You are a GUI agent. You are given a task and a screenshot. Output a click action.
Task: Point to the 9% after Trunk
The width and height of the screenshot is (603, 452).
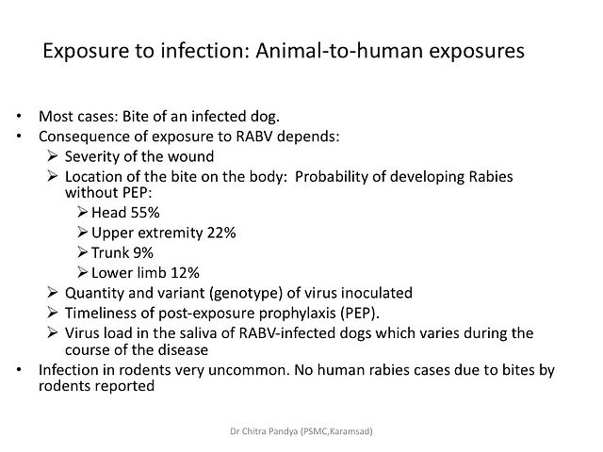(x=143, y=252)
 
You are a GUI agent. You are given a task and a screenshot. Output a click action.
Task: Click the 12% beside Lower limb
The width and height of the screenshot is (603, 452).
(x=185, y=272)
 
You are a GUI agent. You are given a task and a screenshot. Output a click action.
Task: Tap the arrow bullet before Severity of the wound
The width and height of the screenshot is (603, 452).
(x=53, y=156)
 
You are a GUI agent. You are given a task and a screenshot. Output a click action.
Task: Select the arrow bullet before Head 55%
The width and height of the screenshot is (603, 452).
(x=82, y=212)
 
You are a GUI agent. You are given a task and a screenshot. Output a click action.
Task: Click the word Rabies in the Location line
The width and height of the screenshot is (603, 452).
(x=491, y=176)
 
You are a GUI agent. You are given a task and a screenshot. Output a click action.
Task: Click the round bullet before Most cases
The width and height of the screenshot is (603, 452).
(x=19, y=116)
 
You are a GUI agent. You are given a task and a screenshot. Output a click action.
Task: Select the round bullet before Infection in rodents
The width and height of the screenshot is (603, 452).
(x=19, y=370)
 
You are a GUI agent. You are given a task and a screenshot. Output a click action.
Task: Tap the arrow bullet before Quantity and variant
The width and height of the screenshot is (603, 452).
(x=53, y=293)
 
